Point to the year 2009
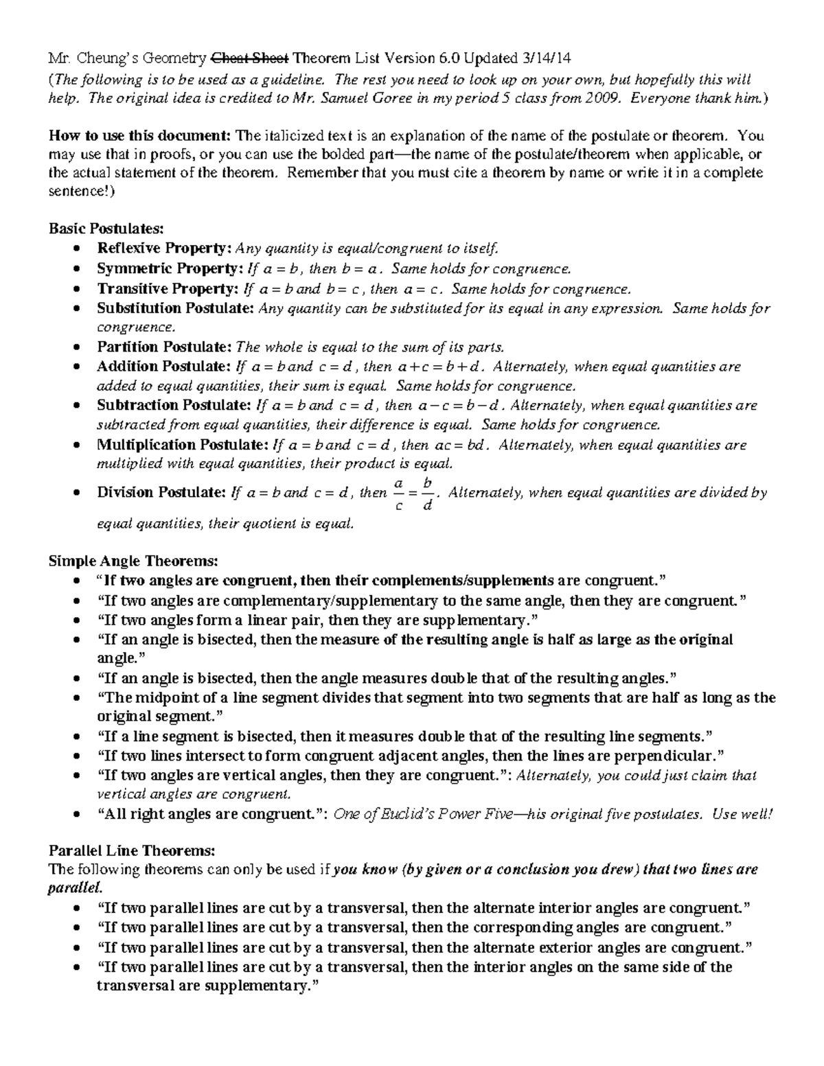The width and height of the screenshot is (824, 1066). (604, 97)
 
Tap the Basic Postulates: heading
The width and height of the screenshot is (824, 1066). (106, 228)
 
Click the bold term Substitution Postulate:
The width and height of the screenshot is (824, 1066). (176, 308)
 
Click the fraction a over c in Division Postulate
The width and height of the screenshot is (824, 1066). (399, 494)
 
